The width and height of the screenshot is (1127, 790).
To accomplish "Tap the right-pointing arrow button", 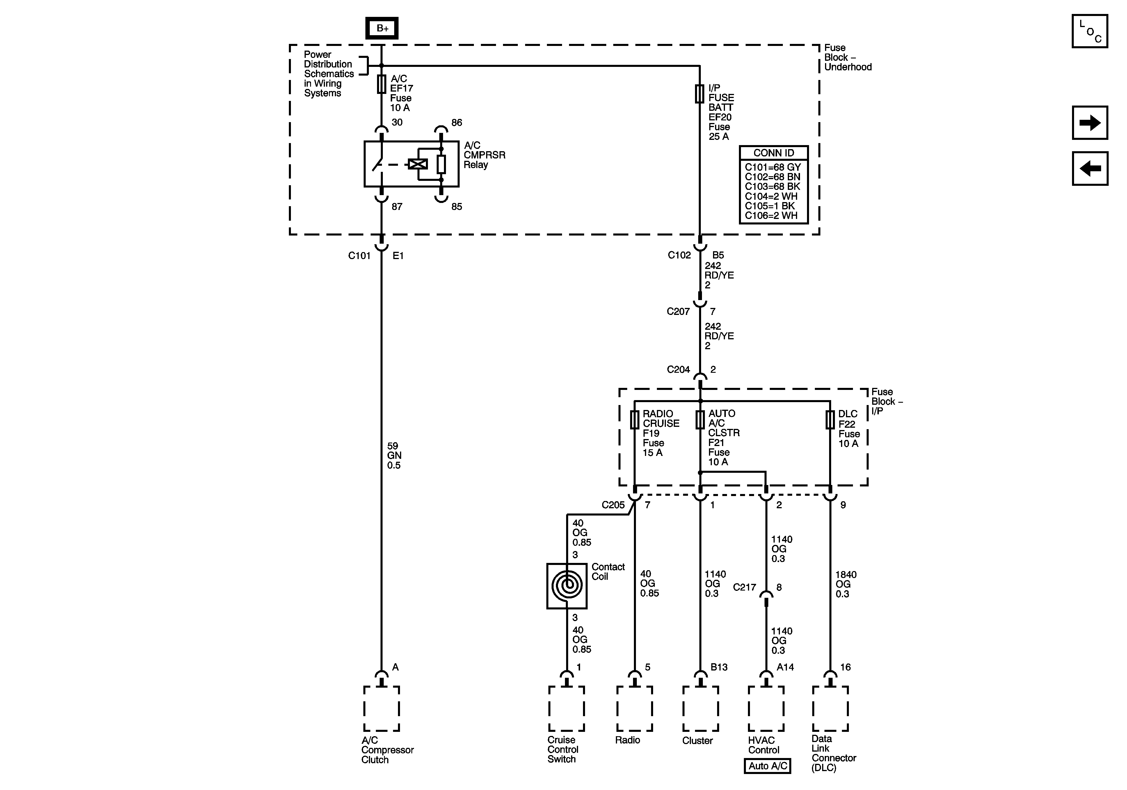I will [1090, 123].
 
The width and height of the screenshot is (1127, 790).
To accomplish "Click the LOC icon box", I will [1090, 31].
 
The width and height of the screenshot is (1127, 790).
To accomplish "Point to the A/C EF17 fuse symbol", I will [381, 84].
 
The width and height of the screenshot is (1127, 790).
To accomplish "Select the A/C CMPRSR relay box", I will [411, 164].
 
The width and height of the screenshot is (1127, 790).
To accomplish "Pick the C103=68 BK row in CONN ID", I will [773, 186].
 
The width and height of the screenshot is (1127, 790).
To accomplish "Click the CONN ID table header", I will [774, 153].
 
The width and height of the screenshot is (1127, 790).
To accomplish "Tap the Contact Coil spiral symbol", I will [567, 585].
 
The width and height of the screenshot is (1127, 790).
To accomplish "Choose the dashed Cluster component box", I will [701, 709].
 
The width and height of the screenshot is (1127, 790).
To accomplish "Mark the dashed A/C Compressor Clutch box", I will [381, 709].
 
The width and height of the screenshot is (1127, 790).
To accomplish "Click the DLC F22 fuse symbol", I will [830, 420].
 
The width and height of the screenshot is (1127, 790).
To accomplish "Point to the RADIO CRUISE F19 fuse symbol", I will [635, 420].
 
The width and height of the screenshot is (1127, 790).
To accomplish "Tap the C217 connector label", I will [744, 587].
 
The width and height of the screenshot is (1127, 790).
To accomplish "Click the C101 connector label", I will [359, 256].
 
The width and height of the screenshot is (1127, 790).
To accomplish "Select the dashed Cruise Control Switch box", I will [566, 709].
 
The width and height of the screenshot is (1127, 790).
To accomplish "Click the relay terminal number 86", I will [456, 123].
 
